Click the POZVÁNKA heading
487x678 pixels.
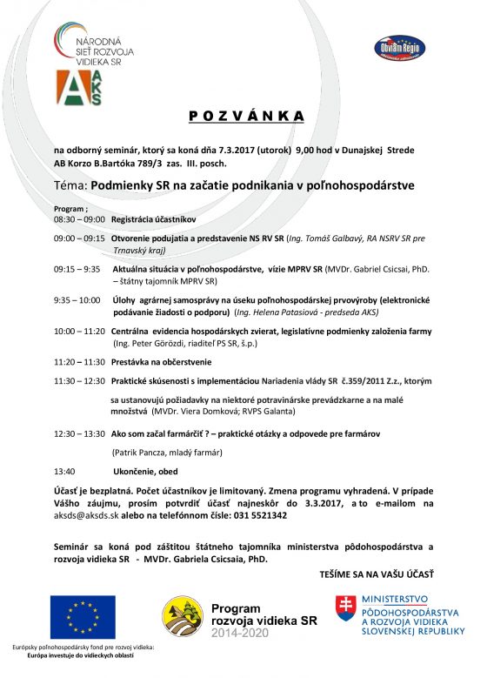(x=247, y=116)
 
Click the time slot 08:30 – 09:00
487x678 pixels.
(x=79, y=220)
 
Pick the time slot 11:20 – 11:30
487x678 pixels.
(x=79, y=361)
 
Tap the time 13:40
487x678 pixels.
(x=64, y=470)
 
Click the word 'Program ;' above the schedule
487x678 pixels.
(x=71, y=210)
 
